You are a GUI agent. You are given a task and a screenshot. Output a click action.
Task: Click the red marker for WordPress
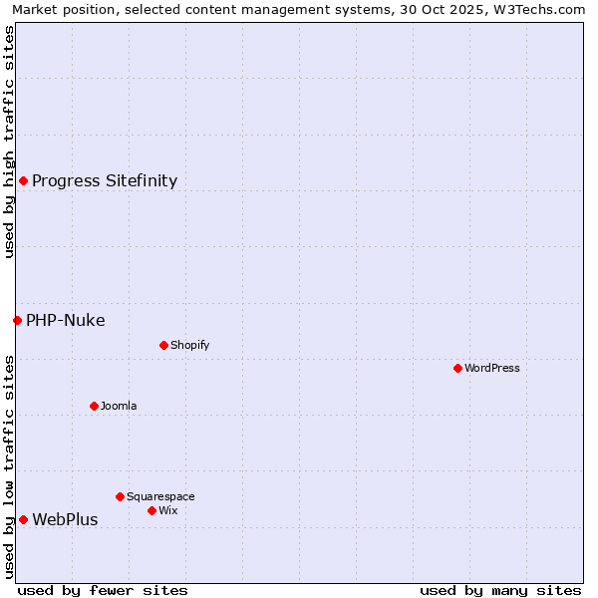click(457, 368)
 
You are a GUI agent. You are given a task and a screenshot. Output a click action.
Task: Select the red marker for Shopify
click(163, 345)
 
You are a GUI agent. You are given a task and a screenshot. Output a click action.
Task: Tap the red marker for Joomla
click(94, 406)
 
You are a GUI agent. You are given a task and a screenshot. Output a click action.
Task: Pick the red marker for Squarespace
click(120, 496)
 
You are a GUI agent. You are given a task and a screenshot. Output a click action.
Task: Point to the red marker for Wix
click(151, 510)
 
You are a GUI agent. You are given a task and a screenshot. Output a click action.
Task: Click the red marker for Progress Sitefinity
click(23, 180)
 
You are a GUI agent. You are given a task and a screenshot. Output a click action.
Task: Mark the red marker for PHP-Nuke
click(17, 320)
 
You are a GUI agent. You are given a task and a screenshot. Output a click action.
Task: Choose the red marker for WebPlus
click(23, 519)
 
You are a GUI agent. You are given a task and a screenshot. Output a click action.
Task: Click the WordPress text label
click(492, 368)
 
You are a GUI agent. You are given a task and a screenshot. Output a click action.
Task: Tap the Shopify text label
click(190, 345)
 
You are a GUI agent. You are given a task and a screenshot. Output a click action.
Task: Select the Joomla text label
click(119, 406)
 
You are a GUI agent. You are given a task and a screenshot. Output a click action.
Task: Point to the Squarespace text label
click(160, 496)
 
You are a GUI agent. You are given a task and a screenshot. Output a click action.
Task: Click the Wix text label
click(168, 510)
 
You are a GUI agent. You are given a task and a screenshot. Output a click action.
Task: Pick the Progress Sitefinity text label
click(105, 180)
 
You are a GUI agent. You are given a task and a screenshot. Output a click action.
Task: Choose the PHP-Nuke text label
click(66, 320)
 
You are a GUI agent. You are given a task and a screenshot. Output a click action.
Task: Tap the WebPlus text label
click(66, 519)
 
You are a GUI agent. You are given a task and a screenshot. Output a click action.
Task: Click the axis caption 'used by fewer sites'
click(103, 590)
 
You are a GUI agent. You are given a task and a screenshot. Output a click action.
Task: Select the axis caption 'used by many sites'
click(500, 590)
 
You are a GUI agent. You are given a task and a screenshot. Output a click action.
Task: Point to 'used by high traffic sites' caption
click(9, 142)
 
